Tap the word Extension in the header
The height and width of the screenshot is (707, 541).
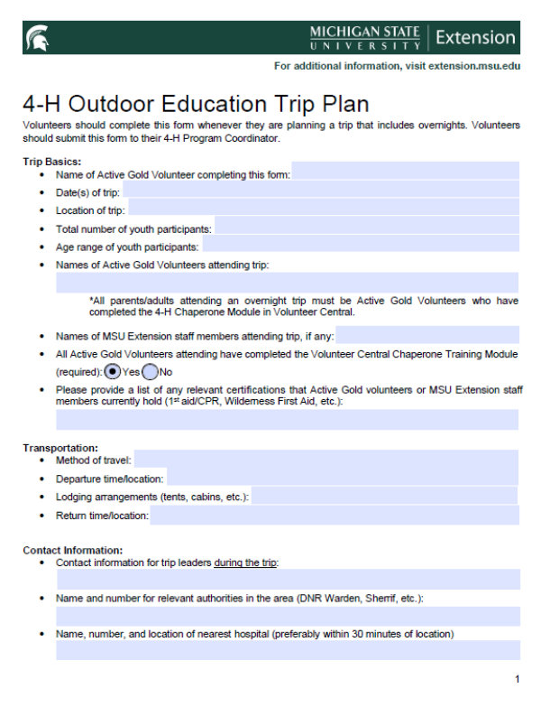pos(474,38)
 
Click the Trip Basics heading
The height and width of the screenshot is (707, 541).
pos(51,162)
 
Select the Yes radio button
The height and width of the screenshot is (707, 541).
pos(113,371)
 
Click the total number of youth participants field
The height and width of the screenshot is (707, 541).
pos(366,228)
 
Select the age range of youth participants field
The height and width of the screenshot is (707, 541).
pos(361,247)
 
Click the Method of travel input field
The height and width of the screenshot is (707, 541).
pos(326,460)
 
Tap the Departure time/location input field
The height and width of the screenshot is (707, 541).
pos(342,479)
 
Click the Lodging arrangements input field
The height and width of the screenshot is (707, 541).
pos(384,497)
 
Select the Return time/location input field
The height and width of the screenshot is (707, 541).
pos(335,516)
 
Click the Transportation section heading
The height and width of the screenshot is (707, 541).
pos(60,448)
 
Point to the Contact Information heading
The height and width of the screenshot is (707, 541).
pos(73,550)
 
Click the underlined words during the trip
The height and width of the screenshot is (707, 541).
pos(246,563)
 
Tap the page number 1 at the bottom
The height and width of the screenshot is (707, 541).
pos(517,678)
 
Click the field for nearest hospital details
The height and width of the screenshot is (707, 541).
pos(288,650)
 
